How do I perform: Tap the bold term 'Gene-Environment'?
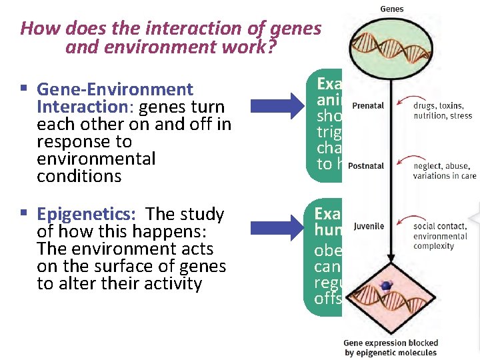[115, 89]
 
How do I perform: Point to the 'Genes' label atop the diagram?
[391, 9]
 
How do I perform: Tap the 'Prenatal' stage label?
[367, 105]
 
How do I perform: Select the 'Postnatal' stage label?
[366, 166]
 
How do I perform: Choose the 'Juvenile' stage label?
[368, 226]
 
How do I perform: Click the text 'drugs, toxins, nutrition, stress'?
[441, 111]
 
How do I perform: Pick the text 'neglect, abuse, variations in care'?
[441, 171]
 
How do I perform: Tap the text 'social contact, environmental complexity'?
[441, 236]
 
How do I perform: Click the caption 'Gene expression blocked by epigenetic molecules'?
[390, 347]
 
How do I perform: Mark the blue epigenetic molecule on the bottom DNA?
[385, 285]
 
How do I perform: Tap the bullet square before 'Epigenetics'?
[23, 214]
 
